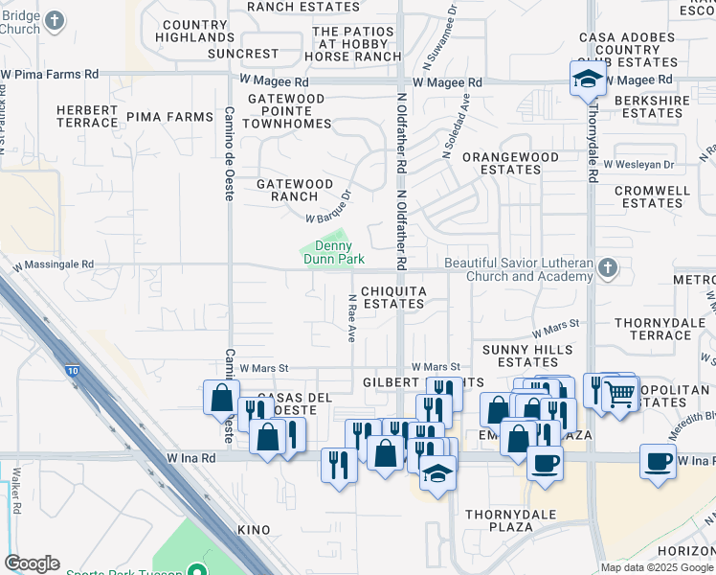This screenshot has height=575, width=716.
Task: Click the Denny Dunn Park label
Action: click(334, 253)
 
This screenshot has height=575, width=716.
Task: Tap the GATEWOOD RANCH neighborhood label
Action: click(295, 190)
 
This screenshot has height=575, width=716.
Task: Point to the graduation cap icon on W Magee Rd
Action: click(587, 79)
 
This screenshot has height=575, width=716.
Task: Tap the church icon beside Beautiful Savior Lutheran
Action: click(607, 270)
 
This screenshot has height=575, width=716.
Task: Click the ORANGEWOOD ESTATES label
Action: click(510, 163)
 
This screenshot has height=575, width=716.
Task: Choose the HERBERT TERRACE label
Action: click(87, 117)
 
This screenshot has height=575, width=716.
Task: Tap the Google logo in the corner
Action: click(32, 563)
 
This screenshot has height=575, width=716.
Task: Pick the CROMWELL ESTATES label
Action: click(652, 197)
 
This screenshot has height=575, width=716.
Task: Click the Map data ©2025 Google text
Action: click(656, 567)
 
